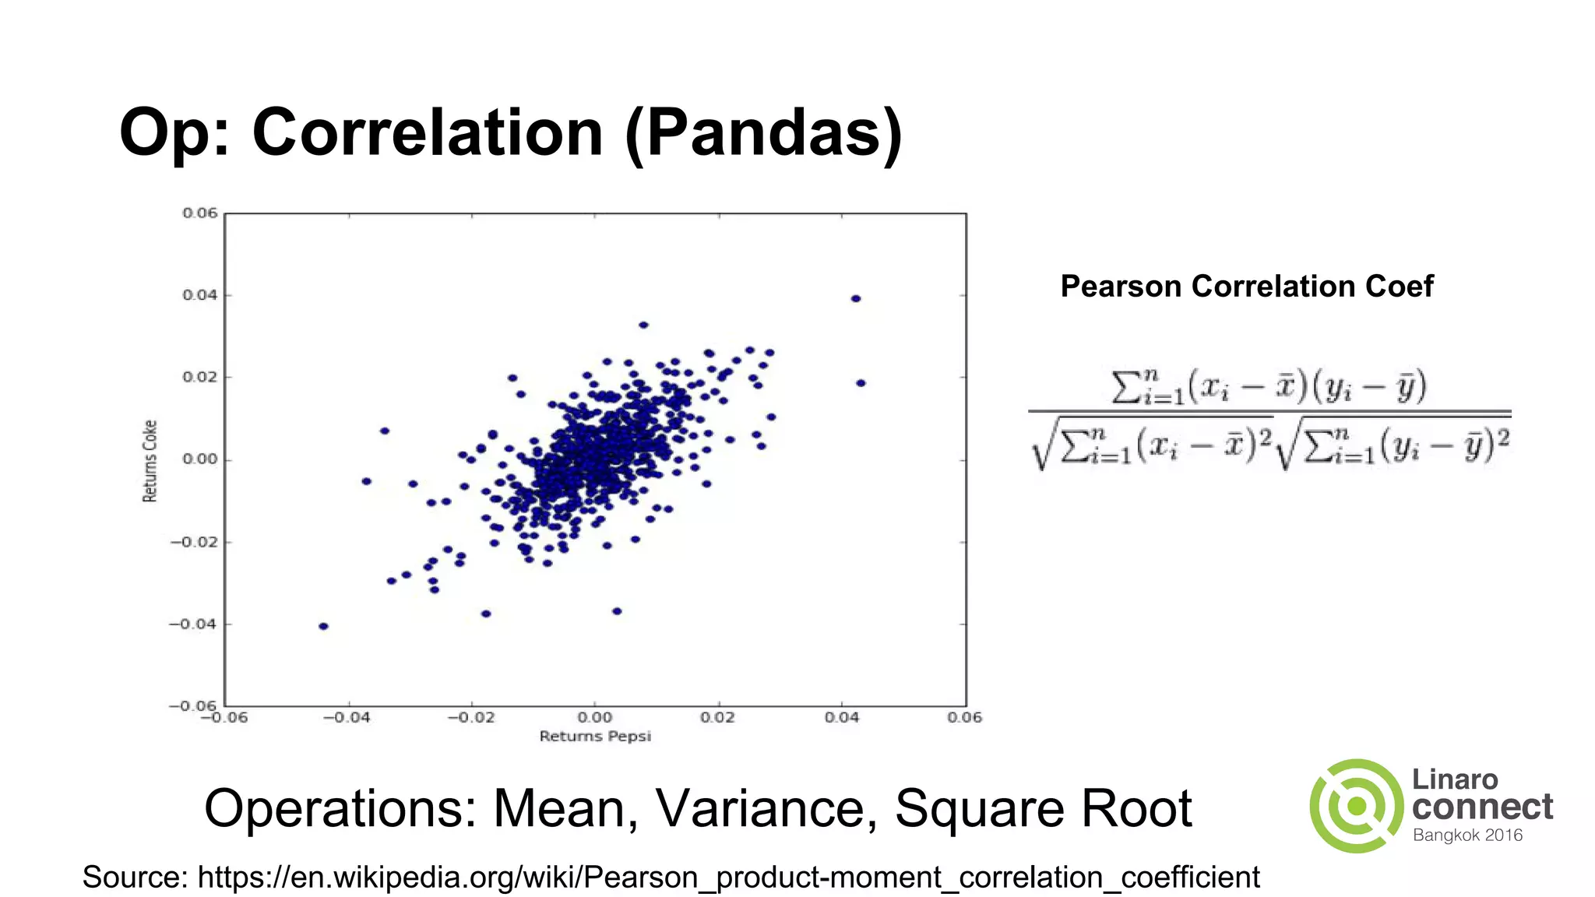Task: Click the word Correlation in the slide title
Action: coord(428,132)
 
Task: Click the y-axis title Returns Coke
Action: coord(150,461)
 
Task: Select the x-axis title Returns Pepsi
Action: coord(595,737)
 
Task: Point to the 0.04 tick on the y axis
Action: coord(200,295)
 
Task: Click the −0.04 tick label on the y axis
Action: coord(193,624)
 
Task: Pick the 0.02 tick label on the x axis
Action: coord(717,717)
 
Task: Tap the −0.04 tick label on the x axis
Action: coord(347,717)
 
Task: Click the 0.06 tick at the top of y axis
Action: coord(200,213)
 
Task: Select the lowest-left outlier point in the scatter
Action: coord(324,626)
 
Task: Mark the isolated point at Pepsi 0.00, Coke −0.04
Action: coord(617,611)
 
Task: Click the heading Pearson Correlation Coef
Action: coord(1246,287)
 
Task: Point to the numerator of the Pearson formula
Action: coord(1269,387)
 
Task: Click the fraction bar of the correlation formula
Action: coord(1269,410)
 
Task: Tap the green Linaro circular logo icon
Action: coord(1357,806)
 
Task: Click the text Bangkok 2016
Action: coord(1467,835)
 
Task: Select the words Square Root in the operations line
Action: coord(1043,809)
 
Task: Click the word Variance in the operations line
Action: coord(760,809)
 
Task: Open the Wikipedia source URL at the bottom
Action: coord(727,878)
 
